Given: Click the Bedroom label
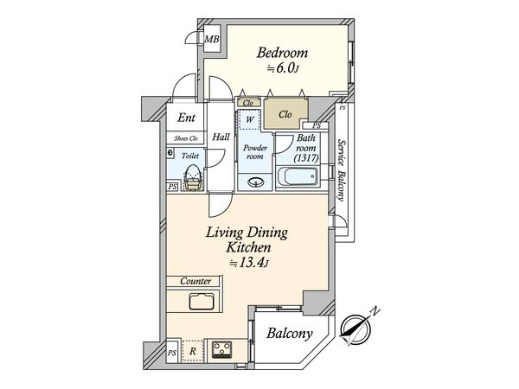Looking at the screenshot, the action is coord(282,53).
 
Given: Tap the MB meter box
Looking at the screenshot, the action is coord(212,40).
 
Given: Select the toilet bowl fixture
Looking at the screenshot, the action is coord(193,177).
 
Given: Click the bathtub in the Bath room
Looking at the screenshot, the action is coord(298,177).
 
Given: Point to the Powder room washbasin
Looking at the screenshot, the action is coord(255,182).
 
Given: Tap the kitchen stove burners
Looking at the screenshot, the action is coord(221,349).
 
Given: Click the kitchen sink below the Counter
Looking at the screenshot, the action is coord(202,301).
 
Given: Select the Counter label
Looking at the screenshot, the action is coord(195,281).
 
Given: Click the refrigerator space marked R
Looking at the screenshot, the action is coord(193,351).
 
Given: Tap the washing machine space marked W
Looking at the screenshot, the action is coord(250,119).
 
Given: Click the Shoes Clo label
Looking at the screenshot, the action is coord(186,138).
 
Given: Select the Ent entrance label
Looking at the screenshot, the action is coord(186,118).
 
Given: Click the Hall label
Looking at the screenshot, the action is coord(221,137).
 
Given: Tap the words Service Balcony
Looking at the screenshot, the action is coord(342,170).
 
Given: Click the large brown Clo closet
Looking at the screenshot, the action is coord(285,113).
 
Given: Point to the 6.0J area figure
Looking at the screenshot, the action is coord(284,68).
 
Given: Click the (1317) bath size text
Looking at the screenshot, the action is coord(306,158).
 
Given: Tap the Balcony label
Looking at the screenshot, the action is coord(289,333).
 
